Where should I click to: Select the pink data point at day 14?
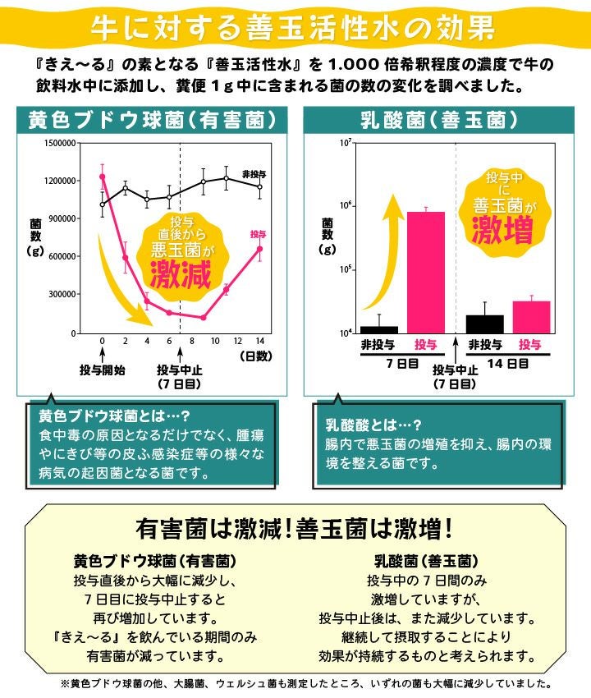pyautogui.click(x=259, y=249)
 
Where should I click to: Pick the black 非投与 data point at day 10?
pyautogui.click(x=204, y=181)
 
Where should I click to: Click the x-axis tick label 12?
pyautogui.click(x=237, y=342)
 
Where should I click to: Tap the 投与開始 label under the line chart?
pyautogui.click(x=103, y=370)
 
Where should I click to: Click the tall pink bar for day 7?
pyautogui.click(x=426, y=272)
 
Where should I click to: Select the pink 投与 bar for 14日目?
pyautogui.click(x=531, y=316)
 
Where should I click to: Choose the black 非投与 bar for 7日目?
pyautogui.click(x=379, y=328)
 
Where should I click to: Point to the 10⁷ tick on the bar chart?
pyautogui.click(x=344, y=144)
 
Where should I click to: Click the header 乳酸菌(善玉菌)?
pyautogui.click(x=439, y=120)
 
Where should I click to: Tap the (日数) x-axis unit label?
pyautogui.click(x=255, y=356)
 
